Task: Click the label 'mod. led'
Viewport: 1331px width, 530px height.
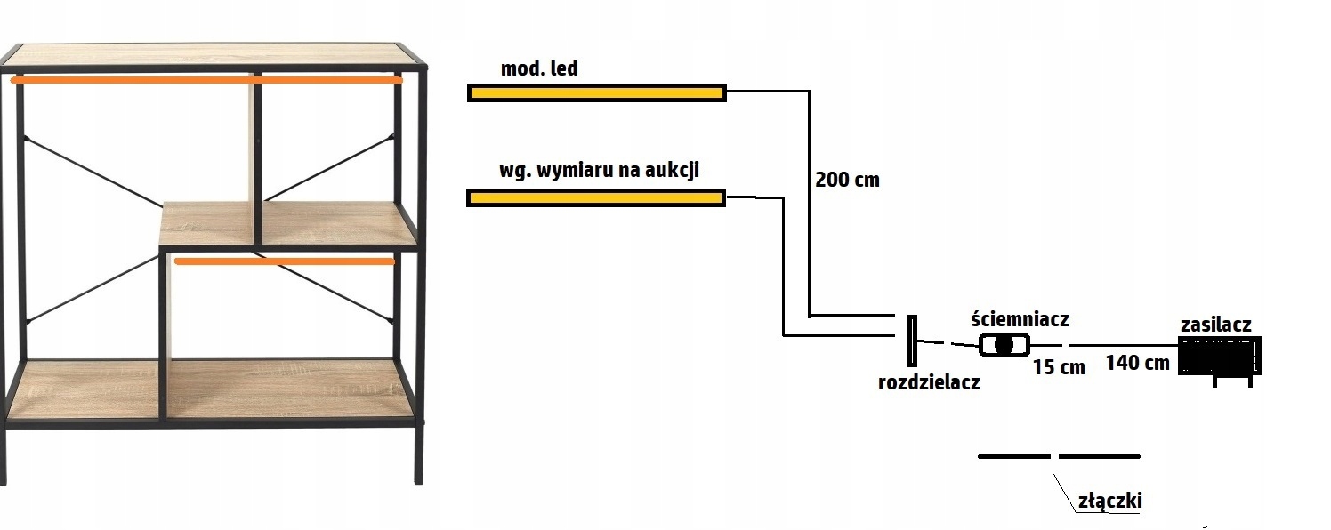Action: tap(538, 68)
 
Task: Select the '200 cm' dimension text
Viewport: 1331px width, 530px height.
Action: tap(846, 180)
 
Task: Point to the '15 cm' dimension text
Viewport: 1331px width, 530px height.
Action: tap(1059, 366)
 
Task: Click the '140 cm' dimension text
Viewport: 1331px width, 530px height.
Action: tap(1137, 362)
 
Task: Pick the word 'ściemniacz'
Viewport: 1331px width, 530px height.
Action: tap(1020, 318)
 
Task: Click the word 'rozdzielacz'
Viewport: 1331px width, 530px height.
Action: tap(928, 383)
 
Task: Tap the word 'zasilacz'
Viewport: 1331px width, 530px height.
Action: tap(1215, 325)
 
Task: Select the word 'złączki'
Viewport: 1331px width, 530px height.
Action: tap(1109, 501)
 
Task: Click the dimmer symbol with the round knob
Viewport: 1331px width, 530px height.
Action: tap(1004, 344)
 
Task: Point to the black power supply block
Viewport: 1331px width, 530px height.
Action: tap(1219, 356)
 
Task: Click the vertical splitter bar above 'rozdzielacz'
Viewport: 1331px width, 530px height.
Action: tap(911, 341)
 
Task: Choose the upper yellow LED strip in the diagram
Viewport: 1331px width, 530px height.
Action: tap(597, 92)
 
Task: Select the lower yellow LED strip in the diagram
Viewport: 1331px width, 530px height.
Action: tap(596, 197)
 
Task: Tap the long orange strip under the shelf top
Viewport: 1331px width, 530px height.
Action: tap(206, 80)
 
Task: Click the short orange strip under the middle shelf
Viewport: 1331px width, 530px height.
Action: tap(284, 261)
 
